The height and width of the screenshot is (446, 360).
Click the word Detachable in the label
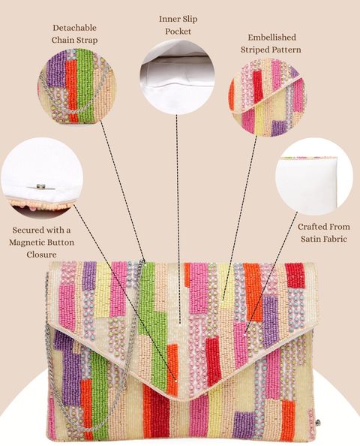click(x=74, y=28)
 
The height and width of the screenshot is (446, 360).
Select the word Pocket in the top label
click(x=178, y=31)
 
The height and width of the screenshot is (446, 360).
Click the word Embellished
click(x=272, y=38)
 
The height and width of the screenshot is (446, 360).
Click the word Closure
click(x=41, y=255)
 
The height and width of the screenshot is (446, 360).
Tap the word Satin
click(x=311, y=239)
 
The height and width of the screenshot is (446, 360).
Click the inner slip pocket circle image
click(x=177, y=77)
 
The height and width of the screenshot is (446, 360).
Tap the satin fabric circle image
click(x=314, y=176)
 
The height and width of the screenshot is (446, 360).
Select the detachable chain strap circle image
click(x=76, y=86)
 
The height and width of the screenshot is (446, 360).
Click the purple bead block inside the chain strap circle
click(x=57, y=70)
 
